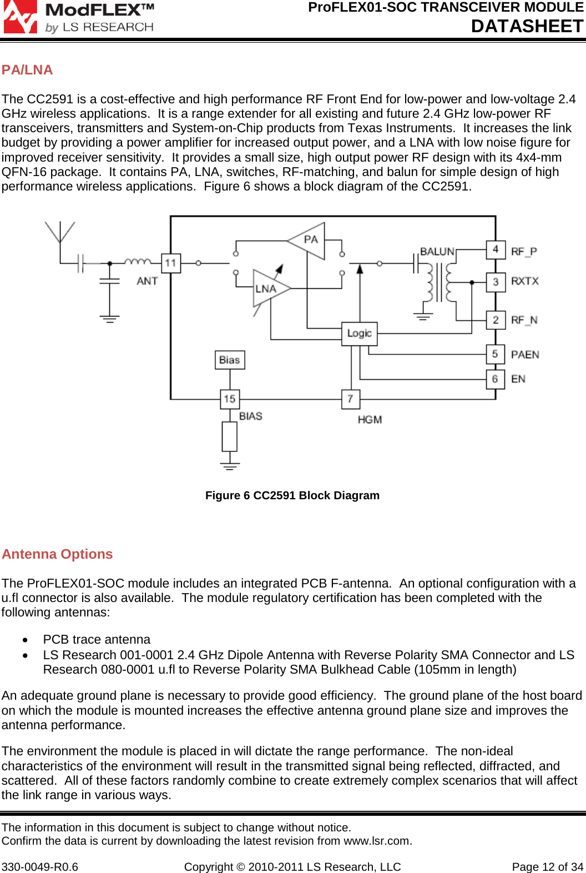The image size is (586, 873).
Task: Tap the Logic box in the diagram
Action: tap(359, 333)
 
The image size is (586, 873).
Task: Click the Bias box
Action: tap(230, 360)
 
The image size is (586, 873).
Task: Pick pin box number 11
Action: tap(170, 263)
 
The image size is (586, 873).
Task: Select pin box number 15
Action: tap(230, 398)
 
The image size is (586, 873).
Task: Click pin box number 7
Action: tap(350, 398)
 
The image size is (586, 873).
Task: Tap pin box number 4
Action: tap(496, 249)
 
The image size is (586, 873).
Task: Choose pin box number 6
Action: tap(495, 379)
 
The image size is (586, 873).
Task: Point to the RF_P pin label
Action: tap(524, 252)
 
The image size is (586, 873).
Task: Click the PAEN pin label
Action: tap(525, 354)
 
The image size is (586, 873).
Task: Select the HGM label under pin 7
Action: tap(370, 420)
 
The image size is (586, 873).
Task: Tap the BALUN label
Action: tap(437, 252)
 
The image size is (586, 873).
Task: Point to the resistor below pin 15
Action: tap(230, 436)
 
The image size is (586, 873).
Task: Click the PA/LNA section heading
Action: tap(27, 70)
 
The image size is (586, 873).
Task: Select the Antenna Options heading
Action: tap(57, 554)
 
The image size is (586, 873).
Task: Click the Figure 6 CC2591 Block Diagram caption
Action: tap(292, 495)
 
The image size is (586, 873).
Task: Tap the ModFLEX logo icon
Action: tap(21, 17)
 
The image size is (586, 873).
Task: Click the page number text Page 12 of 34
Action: tap(547, 867)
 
